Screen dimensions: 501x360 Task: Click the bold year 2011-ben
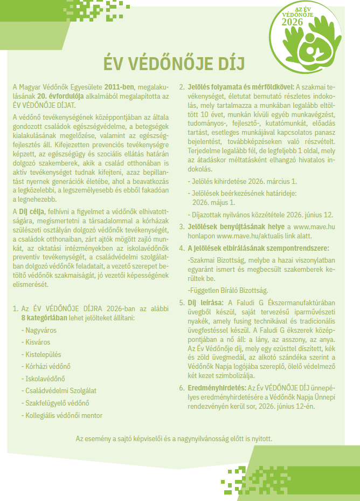(119, 86)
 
